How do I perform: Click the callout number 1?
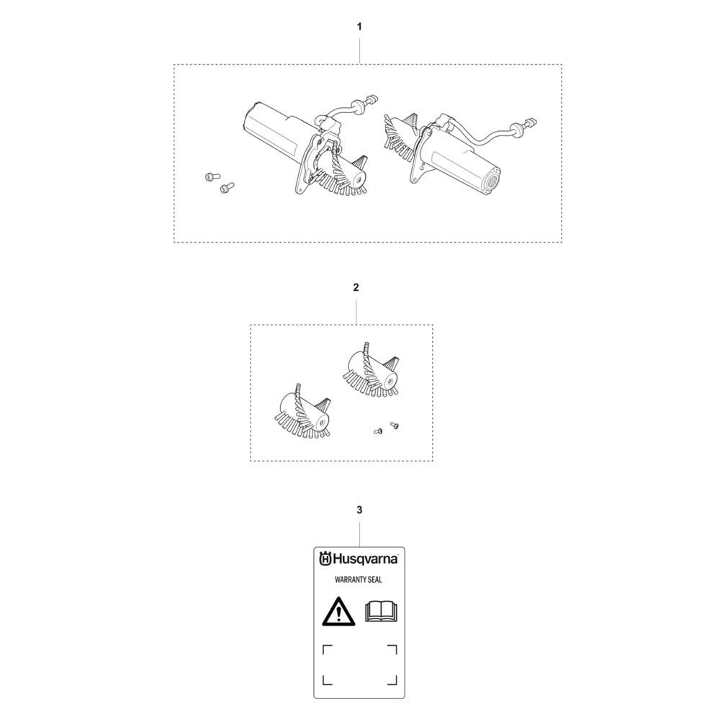(359, 27)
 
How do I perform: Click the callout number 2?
(356, 287)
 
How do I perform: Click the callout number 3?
(359, 510)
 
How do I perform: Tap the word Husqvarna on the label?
(365, 559)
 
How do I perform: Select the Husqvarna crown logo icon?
(325, 559)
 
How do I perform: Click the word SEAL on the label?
(375, 580)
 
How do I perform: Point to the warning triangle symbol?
(338, 612)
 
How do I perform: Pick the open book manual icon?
(381, 611)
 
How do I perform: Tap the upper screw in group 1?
(212, 176)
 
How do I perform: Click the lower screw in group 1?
(227, 187)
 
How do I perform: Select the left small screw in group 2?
(378, 431)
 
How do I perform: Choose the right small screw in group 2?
(394, 426)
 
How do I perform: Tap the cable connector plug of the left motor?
(372, 99)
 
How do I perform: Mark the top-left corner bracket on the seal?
(327, 649)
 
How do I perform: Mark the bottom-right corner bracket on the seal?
(392, 680)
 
